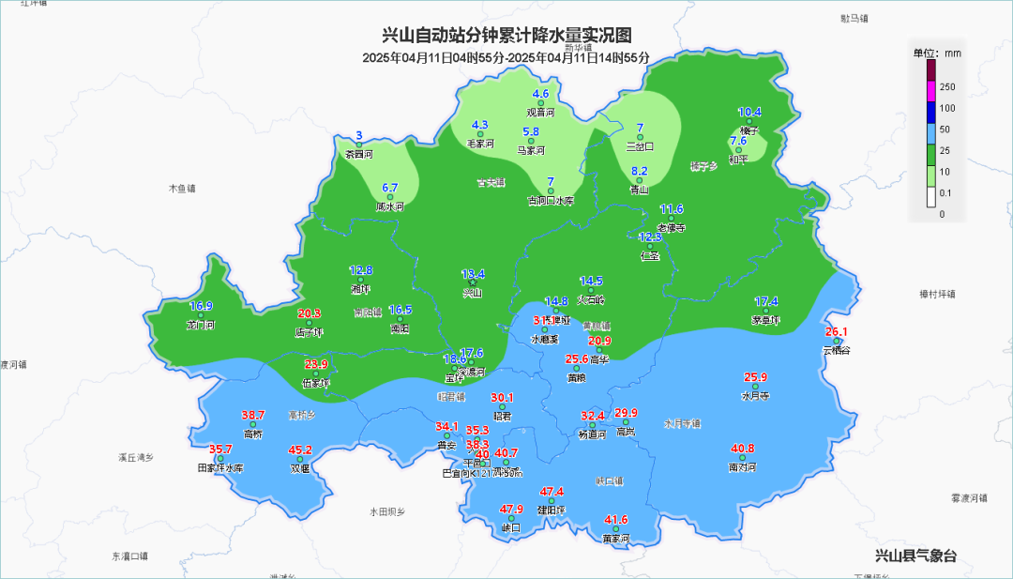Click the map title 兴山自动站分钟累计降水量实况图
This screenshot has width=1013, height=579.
point(506,36)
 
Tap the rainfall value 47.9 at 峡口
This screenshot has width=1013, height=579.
point(511,510)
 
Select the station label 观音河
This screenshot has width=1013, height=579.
point(540,113)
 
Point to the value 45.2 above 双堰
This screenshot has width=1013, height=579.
point(300,449)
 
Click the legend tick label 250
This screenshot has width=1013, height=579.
point(947,87)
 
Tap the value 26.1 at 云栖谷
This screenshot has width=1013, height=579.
point(836,332)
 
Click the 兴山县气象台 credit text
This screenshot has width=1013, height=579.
point(915,556)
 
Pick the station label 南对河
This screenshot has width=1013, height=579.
point(741,466)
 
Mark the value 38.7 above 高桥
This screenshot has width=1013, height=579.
point(253,415)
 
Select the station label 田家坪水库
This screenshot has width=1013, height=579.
point(220,467)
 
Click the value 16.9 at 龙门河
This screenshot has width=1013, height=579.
point(202,306)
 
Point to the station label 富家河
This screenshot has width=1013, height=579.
point(615,539)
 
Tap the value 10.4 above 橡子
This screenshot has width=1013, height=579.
point(749,112)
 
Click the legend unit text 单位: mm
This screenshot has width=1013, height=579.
point(937,53)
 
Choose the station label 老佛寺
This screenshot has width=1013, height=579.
point(672,227)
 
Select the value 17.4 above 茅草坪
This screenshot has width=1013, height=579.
point(766,301)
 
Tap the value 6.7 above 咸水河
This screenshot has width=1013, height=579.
point(390,188)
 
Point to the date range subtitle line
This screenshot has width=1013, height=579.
point(506,57)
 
